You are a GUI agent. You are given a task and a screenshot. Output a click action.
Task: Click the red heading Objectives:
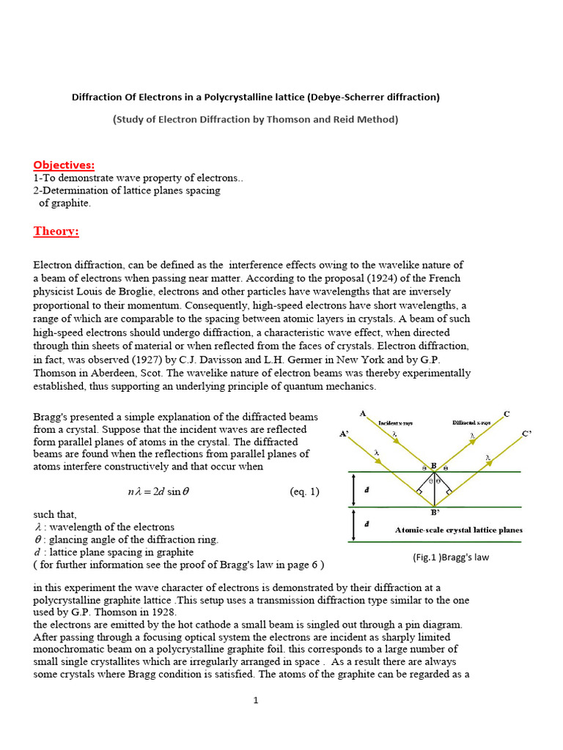64,165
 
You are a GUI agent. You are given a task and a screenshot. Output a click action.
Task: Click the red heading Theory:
56,231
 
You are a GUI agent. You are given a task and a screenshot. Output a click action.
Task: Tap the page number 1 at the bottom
256,700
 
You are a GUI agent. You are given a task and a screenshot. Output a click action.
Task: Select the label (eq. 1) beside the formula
304,491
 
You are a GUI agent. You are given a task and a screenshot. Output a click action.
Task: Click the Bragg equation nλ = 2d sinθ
158,492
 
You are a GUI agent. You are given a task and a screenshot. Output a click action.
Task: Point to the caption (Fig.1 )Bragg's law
450,557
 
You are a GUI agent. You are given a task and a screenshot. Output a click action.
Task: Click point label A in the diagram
363,413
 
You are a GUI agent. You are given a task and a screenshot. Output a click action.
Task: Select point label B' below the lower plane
435,513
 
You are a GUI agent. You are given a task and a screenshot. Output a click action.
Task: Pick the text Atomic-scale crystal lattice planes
458,530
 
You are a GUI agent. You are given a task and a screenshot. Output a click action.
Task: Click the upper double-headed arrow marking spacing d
354,489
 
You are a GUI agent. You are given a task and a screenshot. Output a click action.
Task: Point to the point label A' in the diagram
344,434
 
